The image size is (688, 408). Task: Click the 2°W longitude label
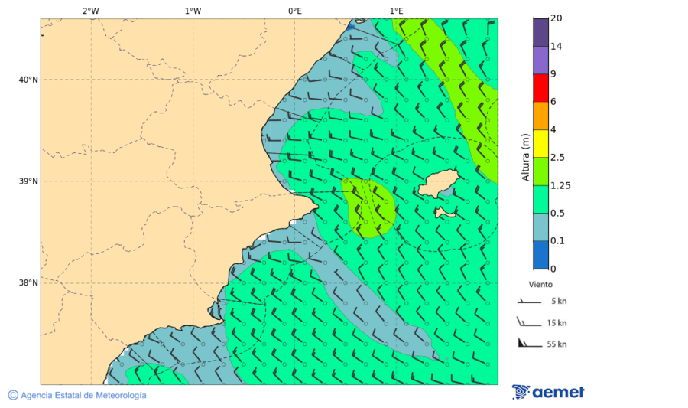coord(90,11)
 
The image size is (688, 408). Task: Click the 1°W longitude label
coord(193,11)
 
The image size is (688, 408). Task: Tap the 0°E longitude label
coord(294,11)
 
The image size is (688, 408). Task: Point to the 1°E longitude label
coord(396,11)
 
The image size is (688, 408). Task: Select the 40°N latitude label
coord(28,80)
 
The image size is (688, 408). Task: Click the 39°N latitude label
coord(28,181)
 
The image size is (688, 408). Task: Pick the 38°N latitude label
coord(28,282)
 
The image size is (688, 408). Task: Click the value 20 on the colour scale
coord(557,18)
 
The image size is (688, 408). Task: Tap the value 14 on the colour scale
coord(557,47)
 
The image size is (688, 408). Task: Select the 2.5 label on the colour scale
coord(557,158)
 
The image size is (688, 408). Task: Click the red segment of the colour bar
coord(540,88)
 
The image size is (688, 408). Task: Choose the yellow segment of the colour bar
coord(540,143)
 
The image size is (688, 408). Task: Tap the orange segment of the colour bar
coord(540,116)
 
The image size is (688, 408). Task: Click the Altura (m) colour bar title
coord(525,157)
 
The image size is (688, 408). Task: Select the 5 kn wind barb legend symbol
coord(530,302)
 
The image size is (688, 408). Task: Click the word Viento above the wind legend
coord(540,284)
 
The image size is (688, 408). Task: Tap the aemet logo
coord(548,392)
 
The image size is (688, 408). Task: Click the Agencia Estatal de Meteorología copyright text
coord(77,395)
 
